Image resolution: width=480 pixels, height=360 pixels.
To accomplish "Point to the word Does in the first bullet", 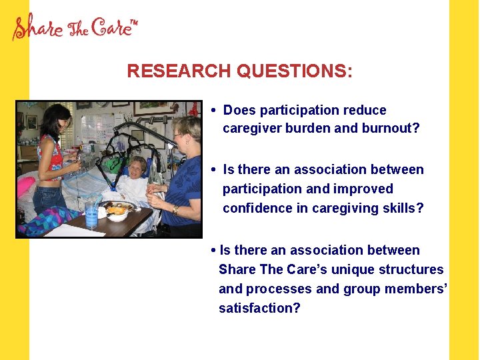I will click(x=238, y=110).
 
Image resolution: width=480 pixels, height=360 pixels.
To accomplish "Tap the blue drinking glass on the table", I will click(x=91, y=213).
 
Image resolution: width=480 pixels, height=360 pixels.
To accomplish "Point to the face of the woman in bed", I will click(x=139, y=167).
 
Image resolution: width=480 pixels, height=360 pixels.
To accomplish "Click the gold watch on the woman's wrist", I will click(x=175, y=209).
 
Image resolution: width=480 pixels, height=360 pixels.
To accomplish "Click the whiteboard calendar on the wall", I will click(x=97, y=127).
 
